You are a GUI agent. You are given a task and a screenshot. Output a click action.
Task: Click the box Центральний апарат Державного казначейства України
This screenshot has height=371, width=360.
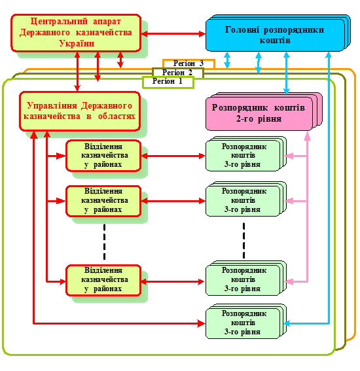click(76, 33)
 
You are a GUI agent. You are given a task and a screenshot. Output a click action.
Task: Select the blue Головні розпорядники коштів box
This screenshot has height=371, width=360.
click(278, 33)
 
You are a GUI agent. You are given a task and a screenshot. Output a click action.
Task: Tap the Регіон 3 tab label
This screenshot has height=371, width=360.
click(189, 63)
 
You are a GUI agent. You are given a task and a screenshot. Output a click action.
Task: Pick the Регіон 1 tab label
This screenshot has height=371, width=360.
click(168, 81)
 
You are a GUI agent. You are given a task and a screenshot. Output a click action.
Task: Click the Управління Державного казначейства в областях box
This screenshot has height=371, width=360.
click(80, 111)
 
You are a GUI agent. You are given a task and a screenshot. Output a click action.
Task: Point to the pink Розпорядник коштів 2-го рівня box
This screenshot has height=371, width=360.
click(264, 111)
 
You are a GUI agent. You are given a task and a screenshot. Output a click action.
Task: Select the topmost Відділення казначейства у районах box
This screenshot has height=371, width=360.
click(103, 156)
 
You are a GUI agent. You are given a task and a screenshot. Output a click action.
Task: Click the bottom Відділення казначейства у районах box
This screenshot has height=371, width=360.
click(103, 281)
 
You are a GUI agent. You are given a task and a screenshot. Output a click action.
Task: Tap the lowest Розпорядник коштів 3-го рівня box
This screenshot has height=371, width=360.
click(246, 321)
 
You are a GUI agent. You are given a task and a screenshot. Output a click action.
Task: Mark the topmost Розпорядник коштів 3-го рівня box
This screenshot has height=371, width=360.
click(246, 154)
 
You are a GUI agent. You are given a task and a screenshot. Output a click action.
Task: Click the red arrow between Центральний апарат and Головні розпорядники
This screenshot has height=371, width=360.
click(173, 34)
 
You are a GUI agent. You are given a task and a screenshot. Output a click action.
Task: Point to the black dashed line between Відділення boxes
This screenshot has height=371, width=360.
click(104, 241)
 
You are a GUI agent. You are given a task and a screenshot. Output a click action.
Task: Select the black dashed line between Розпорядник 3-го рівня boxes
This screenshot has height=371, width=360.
click(243, 240)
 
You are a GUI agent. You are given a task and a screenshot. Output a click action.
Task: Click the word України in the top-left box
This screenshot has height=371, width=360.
click(77, 44)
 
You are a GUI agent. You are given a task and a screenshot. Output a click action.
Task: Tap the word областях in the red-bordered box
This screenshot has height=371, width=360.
click(117, 116)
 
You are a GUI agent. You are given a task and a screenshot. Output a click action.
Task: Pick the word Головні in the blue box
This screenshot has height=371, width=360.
click(242, 30)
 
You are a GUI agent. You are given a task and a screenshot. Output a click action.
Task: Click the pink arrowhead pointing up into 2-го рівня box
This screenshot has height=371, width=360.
click(307, 136)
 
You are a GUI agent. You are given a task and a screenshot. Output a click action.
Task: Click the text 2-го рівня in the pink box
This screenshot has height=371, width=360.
click(259, 118)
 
